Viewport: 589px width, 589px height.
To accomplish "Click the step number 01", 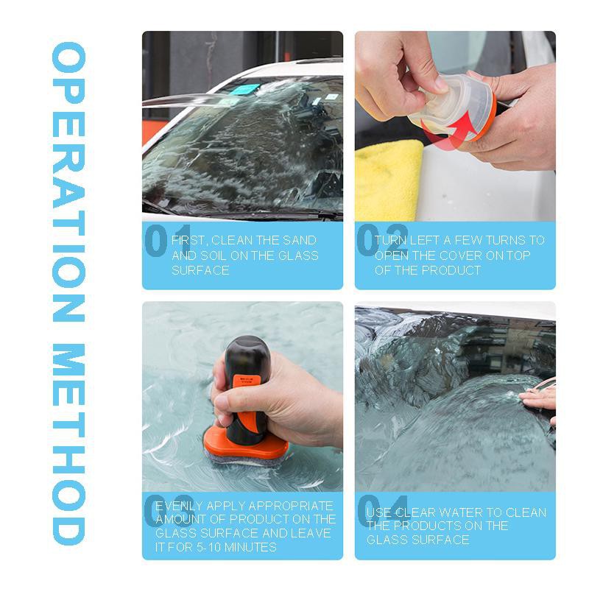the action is (168, 241).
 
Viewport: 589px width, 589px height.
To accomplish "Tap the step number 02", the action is (381, 240).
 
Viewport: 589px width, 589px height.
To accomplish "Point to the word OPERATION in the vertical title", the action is (69, 182).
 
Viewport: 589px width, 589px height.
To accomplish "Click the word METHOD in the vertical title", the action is (69, 444).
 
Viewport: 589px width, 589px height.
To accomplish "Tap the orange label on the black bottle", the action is (244, 384).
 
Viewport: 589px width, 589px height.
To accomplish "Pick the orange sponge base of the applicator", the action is (245, 446).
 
